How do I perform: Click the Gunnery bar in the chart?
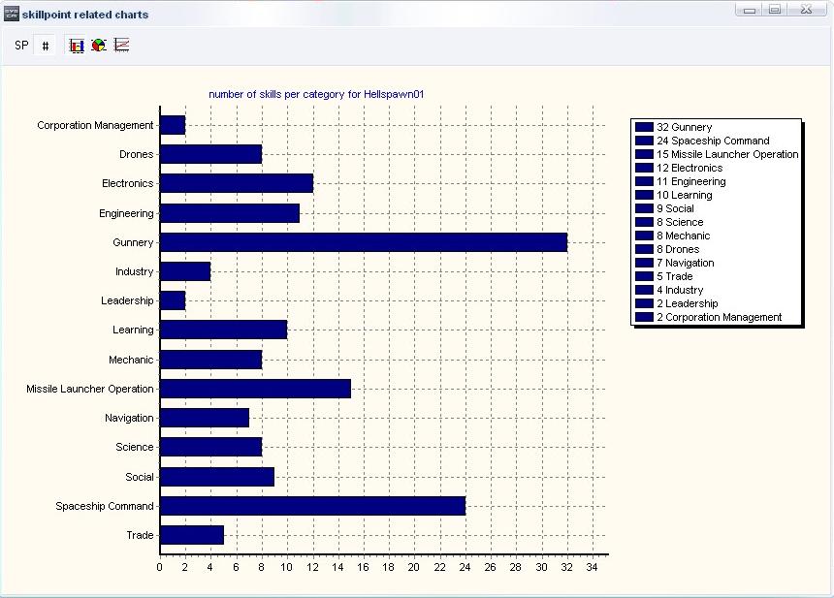pyautogui.click(x=363, y=242)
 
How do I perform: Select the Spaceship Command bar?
pyautogui.click(x=312, y=506)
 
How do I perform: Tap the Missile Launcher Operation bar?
pyautogui.click(x=255, y=389)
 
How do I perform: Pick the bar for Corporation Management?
pyautogui.click(x=173, y=125)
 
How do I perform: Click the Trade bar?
pyautogui.click(x=192, y=535)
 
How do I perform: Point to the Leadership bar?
pyautogui.click(x=173, y=300)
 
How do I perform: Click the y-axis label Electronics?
pyautogui.click(x=127, y=183)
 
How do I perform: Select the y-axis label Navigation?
pyautogui.click(x=129, y=418)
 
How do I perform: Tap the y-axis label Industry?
pyautogui.click(x=134, y=271)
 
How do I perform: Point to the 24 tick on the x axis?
pyautogui.click(x=465, y=567)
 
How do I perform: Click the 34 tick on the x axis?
pyautogui.click(x=592, y=567)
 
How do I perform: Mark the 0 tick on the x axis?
pyautogui.click(x=160, y=567)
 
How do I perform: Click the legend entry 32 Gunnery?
pyautogui.click(x=684, y=127)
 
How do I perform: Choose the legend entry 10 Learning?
pyautogui.click(x=684, y=195)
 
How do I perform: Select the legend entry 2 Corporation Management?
pyautogui.click(x=719, y=317)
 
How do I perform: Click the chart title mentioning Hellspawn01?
pyautogui.click(x=316, y=94)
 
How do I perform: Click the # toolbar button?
pyautogui.click(x=45, y=46)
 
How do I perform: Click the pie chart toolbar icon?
pyautogui.click(x=99, y=46)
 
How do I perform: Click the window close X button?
pyautogui.click(x=806, y=10)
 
